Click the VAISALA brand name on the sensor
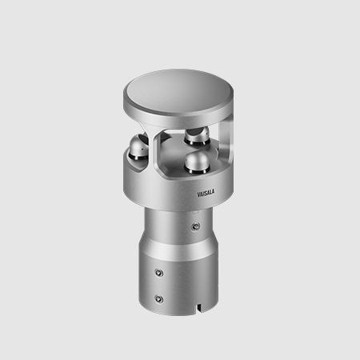click(x=206, y=193)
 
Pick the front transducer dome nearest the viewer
click(x=198, y=162)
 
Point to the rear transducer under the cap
click(x=198, y=137)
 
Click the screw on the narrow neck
click(x=196, y=226)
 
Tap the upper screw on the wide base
click(x=159, y=273)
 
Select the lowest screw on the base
click(x=159, y=298)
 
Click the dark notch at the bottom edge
click(x=198, y=308)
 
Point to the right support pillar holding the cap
click(x=226, y=138)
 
